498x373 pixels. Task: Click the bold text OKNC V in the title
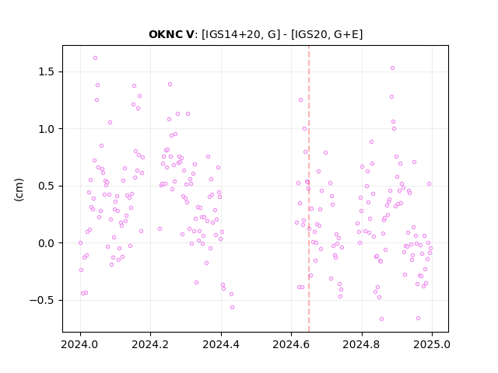click(171, 34)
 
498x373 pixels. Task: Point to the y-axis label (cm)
click(19, 190)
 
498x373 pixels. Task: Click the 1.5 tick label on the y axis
click(47, 72)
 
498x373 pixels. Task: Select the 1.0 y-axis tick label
click(47, 129)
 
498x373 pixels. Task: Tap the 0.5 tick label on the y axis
click(47, 186)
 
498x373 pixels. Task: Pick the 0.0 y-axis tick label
click(47, 243)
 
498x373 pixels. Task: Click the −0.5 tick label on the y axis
click(42, 301)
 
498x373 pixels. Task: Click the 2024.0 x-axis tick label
click(80, 344)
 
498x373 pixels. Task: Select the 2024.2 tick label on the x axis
click(150, 344)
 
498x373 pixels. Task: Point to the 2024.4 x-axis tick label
click(221, 344)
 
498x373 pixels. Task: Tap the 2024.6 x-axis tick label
click(291, 344)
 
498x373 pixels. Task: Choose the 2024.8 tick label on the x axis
click(361, 344)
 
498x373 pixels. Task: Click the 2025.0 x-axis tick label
click(432, 344)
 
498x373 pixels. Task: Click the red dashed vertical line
click(309, 189)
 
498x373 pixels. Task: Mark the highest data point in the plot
click(95, 58)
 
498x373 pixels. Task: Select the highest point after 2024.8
click(392, 68)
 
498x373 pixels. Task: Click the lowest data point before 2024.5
click(232, 308)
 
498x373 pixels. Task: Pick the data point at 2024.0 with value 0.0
click(80, 243)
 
